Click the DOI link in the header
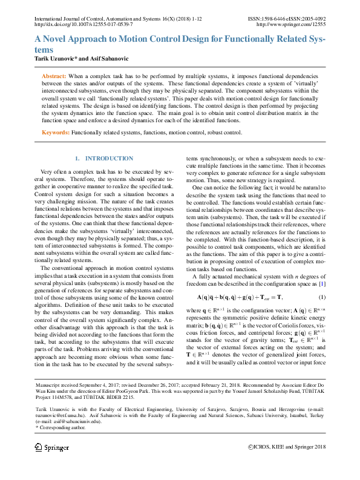tap(85, 25)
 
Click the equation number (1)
tap(322, 297)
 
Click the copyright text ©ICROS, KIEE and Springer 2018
tap(287, 447)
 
